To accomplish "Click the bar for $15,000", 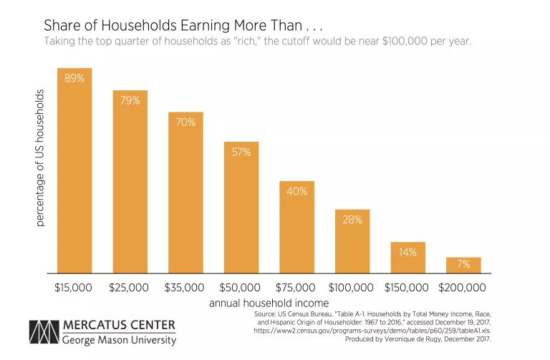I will click(74, 171).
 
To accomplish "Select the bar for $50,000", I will click(241, 208).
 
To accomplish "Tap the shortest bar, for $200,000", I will click(463, 266).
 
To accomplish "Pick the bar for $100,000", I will click(352, 241).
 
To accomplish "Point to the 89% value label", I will click(74, 78).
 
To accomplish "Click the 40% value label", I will click(296, 191).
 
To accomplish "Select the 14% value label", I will click(407, 252).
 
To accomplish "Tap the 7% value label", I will click(463, 264).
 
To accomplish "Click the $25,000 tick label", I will click(129, 288).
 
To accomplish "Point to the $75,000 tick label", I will click(296, 288).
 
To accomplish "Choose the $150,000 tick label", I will click(407, 288).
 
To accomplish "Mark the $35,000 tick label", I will click(185, 288).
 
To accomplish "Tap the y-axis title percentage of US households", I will click(40, 158).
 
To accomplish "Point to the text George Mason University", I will click(119, 340).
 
